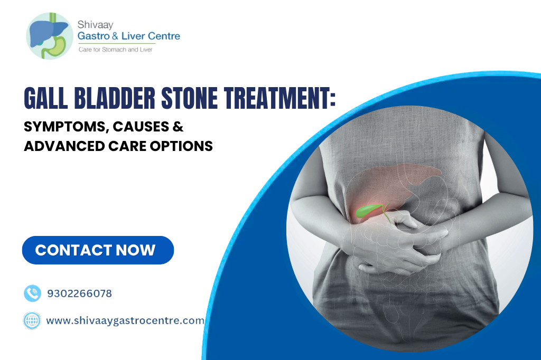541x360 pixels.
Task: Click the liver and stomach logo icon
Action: [48, 35]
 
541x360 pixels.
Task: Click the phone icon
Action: [32, 293]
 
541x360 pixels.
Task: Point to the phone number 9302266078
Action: [79, 293]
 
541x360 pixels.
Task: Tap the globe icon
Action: [32, 320]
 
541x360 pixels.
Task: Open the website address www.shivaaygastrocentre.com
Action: [125, 320]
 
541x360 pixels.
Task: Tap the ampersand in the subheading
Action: [177, 127]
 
